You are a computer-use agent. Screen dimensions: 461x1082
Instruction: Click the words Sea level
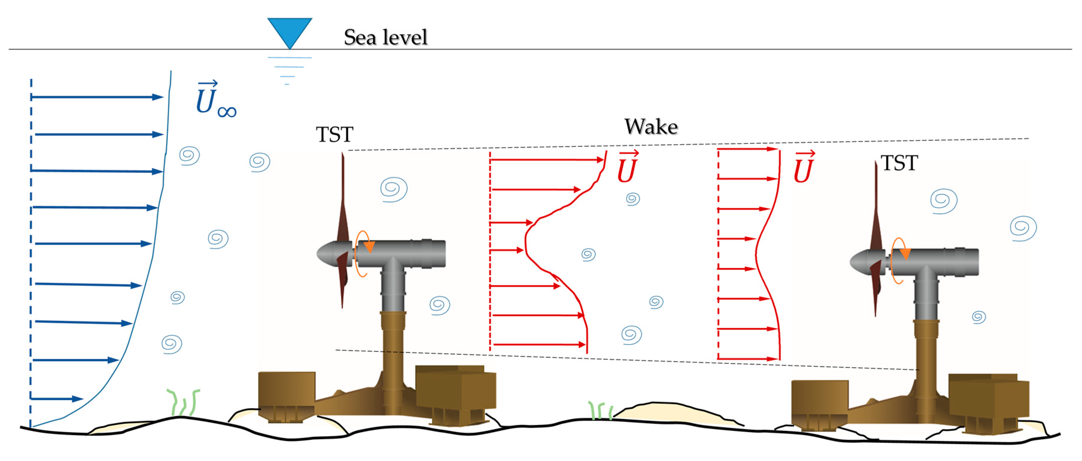point(385,37)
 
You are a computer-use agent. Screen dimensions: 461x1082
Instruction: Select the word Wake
point(651,127)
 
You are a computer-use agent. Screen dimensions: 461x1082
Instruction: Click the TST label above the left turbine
point(334,135)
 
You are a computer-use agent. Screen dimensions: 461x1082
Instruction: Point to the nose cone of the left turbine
point(325,253)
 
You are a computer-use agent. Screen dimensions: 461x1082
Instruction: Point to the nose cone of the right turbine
point(859,262)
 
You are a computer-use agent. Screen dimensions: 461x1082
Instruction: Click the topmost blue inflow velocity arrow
point(97,97)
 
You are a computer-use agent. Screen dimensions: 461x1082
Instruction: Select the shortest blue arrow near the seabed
point(57,399)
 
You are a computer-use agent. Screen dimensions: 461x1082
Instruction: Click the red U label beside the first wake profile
point(627,168)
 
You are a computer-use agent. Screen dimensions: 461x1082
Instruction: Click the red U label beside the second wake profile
point(803,168)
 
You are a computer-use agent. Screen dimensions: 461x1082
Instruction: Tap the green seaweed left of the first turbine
point(184,402)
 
